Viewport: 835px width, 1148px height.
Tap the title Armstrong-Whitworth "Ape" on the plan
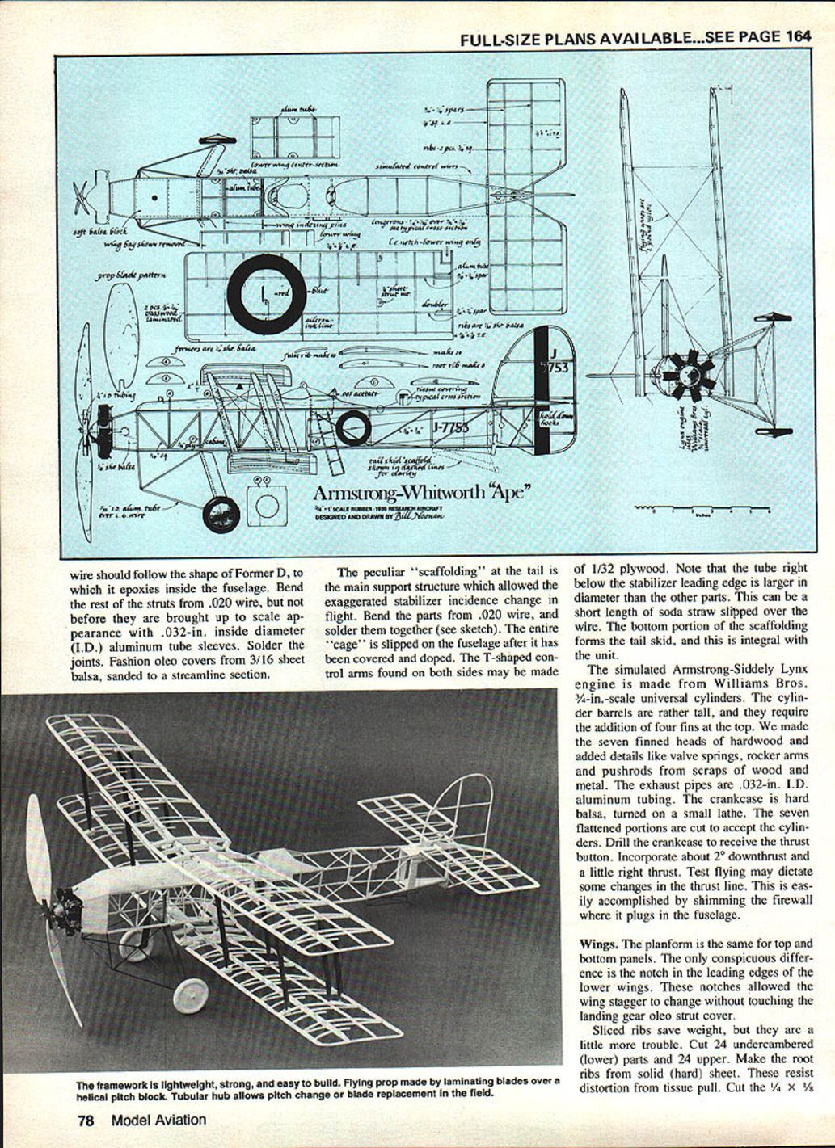(x=421, y=493)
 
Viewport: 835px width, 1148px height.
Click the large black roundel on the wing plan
(x=266, y=294)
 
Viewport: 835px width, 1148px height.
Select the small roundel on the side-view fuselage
(x=353, y=427)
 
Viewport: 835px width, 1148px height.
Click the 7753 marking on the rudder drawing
(x=555, y=368)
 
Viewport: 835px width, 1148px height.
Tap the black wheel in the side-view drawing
(x=221, y=514)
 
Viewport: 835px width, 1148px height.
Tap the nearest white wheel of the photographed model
(x=191, y=998)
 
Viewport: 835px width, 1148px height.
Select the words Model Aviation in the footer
(x=158, y=1121)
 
